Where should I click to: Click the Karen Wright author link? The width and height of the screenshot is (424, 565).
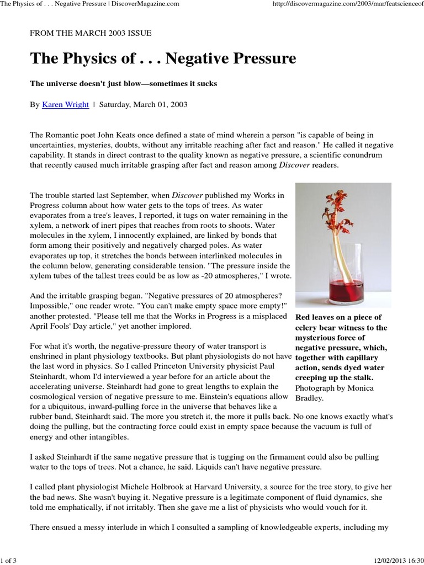pos(65,105)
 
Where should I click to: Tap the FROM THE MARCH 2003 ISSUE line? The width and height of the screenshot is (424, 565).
pos(91,33)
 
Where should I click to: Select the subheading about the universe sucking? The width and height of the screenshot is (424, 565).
pos(123,83)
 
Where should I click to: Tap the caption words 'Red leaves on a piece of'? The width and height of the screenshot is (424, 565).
pos(338,317)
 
